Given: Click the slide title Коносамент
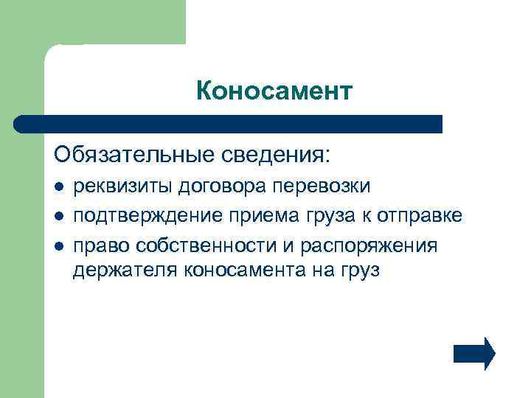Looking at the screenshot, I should pyautogui.click(x=275, y=91).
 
